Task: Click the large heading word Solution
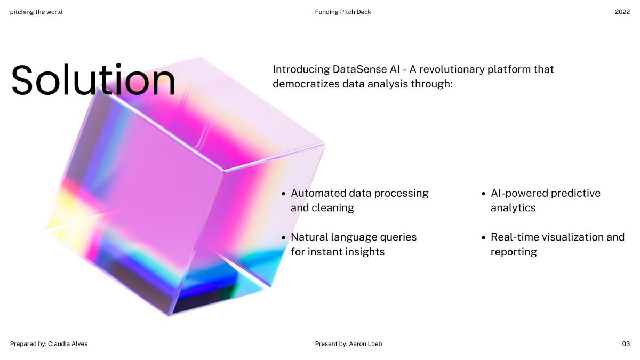click(x=93, y=81)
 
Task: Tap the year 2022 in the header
click(x=622, y=12)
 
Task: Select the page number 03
click(x=626, y=344)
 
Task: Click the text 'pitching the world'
click(x=36, y=12)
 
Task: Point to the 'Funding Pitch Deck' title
click(x=343, y=12)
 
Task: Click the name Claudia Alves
click(x=68, y=344)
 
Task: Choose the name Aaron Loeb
click(x=365, y=344)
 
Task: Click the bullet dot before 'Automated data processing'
click(x=284, y=194)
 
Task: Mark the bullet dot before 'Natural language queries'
click(x=284, y=237)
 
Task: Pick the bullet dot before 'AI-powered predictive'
click(x=484, y=194)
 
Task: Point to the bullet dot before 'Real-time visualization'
click(x=484, y=237)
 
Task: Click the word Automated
click(x=318, y=193)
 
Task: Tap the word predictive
click(x=575, y=193)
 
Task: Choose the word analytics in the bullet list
click(x=513, y=208)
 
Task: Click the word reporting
click(x=514, y=252)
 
